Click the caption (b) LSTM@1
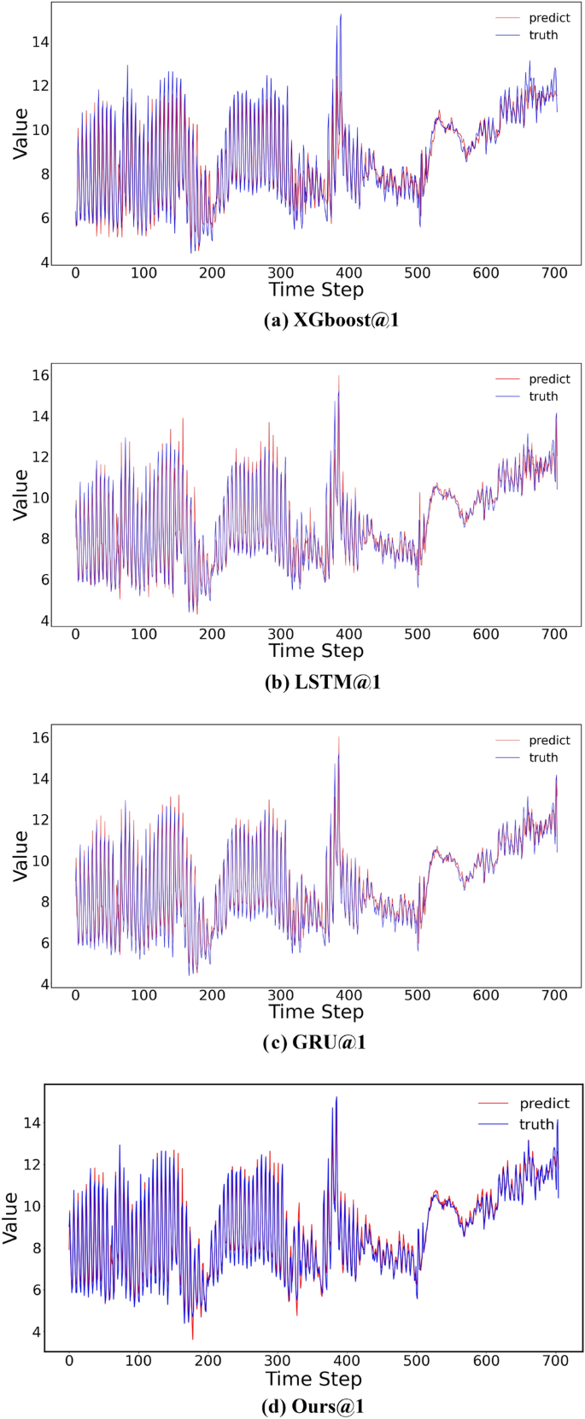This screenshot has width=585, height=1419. click(x=316, y=682)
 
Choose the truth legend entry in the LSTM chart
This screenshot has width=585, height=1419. click(x=543, y=396)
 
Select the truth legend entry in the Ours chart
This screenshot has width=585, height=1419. click(x=537, y=1124)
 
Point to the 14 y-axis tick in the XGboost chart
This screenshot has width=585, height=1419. click(x=40, y=43)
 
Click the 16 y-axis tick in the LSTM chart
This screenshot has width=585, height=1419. click(x=40, y=375)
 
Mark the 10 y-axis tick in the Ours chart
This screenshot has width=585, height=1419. click(x=31, y=1206)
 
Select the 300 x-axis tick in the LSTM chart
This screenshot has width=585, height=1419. click(x=281, y=635)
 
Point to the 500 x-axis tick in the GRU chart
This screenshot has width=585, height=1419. click(x=418, y=995)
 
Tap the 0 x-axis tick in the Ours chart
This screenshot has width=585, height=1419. click(x=69, y=1361)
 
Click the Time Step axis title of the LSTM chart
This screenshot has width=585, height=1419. click(x=316, y=651)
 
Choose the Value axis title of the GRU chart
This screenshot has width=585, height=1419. click(x=20, y=856)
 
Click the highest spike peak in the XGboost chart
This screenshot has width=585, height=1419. click(x=341, y=15)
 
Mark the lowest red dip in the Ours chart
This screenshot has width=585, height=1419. click(x=192, y=1339)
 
